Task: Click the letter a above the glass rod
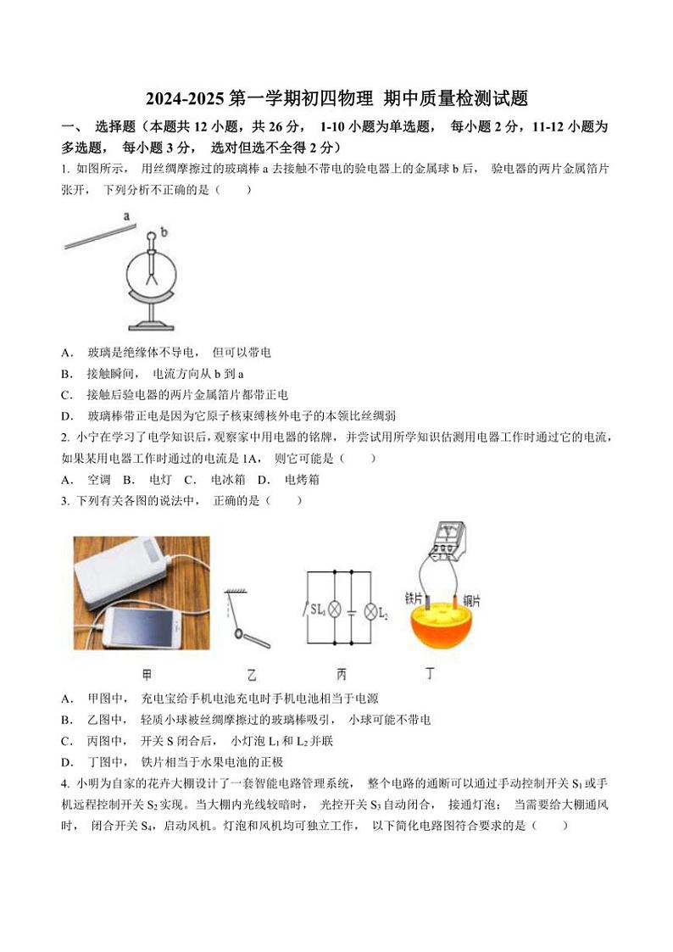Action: [x=127, y=215]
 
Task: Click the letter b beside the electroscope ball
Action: [x=164, y=231]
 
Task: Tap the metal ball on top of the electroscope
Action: [x=152, y=236]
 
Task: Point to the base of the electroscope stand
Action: [x=153, y=326]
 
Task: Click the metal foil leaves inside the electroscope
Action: [x=153, y=275]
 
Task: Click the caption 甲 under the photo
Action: [x=147, y=675]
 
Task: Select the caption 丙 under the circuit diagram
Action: [x=342, y=675]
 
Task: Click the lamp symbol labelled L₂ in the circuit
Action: [x=370, y=610]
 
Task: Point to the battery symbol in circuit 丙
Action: [x=351, y=610]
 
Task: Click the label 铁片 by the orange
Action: [x=414, y=598]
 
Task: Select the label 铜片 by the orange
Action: [x=472, y=599]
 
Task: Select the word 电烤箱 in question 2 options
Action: [x=302, y=480]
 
